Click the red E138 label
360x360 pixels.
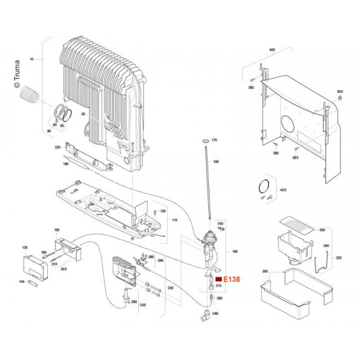pos(233,279)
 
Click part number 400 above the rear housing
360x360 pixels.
pos(272,50)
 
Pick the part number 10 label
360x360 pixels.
pos(31,59)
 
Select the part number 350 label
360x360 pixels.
pos(247,270)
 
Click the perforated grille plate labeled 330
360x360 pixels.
pos(295,225)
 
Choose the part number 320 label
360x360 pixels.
pos(338,258)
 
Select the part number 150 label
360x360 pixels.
pos(56,230)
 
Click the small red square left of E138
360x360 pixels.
pos(219,279)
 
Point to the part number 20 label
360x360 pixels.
pos(84,114)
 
